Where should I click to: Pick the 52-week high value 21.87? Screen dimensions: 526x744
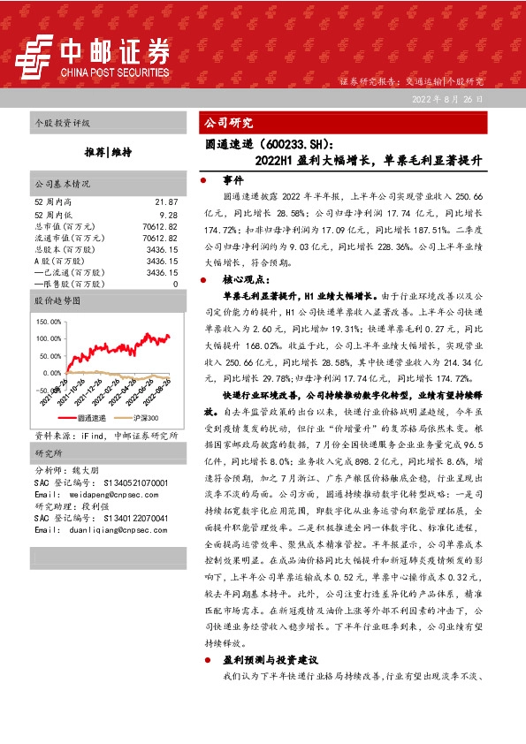pyautogui.click(x=166, y=202)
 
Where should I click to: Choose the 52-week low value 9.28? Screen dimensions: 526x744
pyautogui.click(x=168, y=214)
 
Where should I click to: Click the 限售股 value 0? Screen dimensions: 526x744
pyautogui.click(x=175, y=285)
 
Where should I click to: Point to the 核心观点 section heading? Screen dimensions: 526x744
pyautogui.click(x=243, y=279)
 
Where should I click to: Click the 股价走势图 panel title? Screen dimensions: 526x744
pyautogui.click(x=59, y=301)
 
